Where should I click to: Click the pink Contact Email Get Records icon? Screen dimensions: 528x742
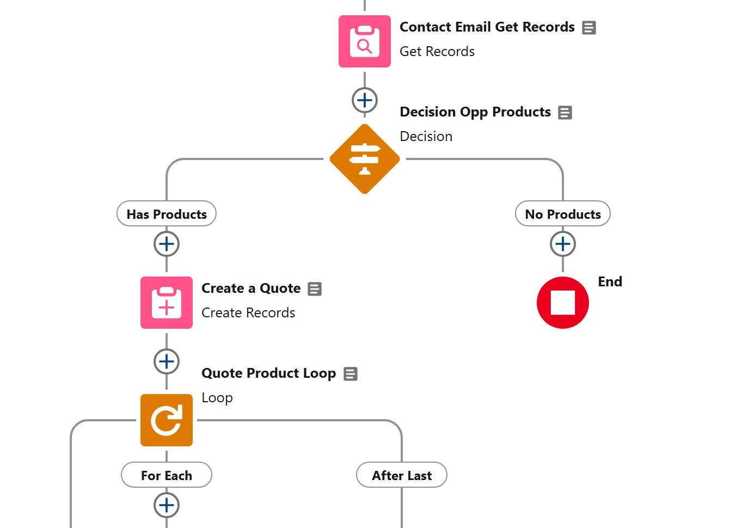pos(365,41)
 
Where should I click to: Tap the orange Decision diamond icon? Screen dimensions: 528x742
pos(365,159)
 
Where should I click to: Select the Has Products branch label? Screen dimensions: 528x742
pos(167,214)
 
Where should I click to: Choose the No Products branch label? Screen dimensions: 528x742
pos(563,214)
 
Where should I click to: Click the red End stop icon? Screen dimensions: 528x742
pos(563,303)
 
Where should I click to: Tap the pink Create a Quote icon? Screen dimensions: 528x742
pos(167,303)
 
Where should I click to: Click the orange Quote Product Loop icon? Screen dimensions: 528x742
pos(167,420)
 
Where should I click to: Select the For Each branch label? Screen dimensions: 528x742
pos(167,475)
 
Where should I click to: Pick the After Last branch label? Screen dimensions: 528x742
pos(402,475)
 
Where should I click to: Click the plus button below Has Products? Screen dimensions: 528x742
pos(167,244)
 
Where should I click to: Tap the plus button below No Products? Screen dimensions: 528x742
pos(563,244)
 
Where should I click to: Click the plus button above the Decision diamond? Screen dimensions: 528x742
pos(365,100)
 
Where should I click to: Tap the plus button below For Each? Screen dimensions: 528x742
pos(167,505)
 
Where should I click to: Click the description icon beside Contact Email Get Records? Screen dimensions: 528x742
pos(589,28)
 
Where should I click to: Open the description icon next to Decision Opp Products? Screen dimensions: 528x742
pos(565,113)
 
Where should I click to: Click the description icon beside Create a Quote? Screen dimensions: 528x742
pos(315,289)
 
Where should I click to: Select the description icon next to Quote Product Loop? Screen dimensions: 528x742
pos(351,374)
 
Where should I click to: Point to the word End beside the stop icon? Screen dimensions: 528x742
pos(610,281)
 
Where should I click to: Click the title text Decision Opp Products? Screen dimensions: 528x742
pos(475,112)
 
